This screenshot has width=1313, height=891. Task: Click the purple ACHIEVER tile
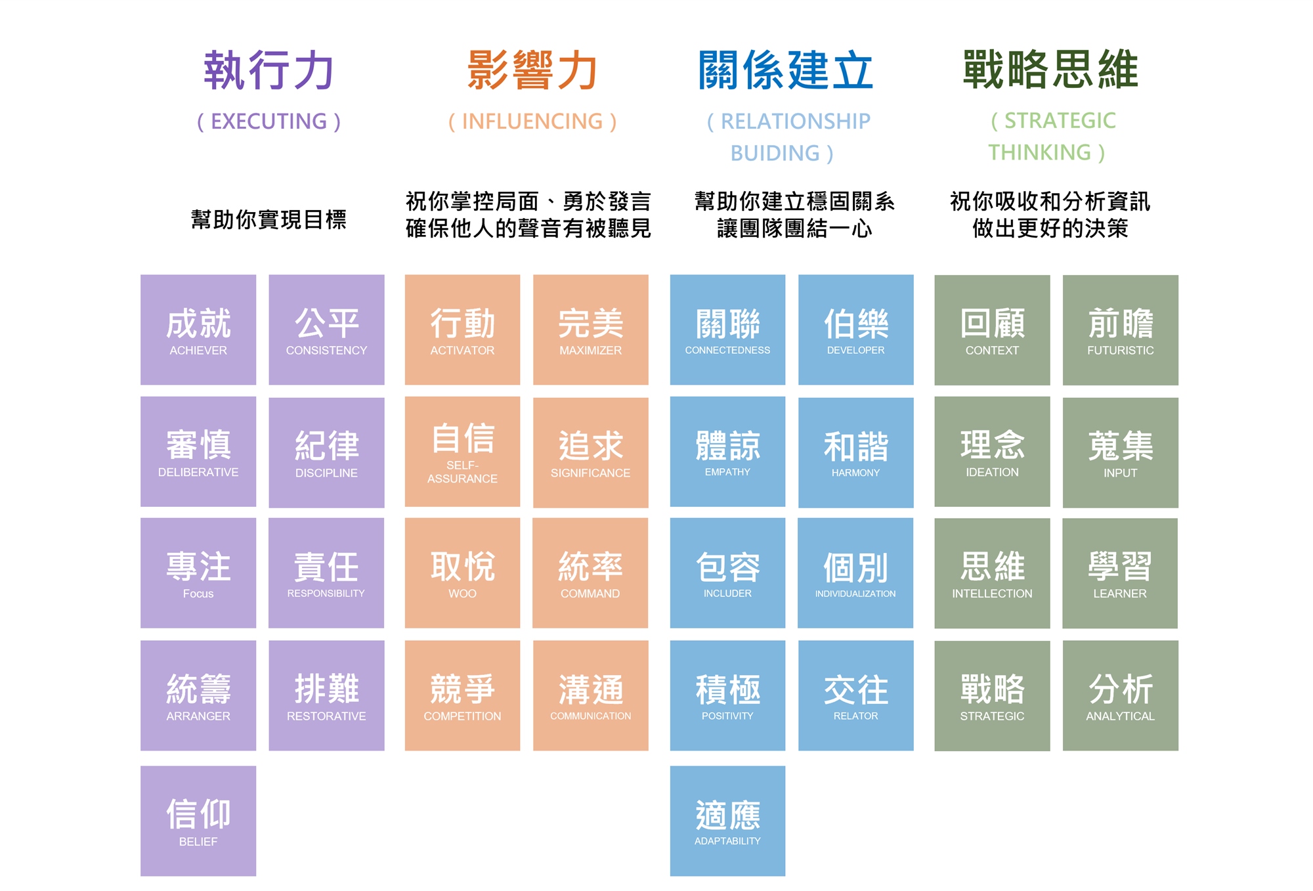198,330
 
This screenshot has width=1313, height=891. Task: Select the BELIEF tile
198,821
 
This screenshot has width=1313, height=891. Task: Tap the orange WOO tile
462,573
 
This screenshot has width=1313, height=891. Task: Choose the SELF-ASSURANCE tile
462,452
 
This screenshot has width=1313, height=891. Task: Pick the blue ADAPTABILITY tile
727,821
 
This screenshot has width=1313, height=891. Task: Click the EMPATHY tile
727,452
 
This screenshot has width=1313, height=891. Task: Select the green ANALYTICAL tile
1120,695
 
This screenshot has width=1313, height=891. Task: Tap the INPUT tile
1120,452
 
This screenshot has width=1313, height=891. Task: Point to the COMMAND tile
590,573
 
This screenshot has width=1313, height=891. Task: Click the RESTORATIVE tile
326,695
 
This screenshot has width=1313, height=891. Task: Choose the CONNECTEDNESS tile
727,330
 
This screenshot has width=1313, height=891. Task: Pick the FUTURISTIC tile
1120,330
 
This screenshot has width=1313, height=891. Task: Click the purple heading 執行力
269,70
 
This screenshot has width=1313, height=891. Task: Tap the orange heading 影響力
532,70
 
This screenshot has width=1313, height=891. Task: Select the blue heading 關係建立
786,70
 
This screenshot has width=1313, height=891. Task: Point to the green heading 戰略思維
1050,70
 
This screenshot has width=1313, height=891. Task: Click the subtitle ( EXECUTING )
269,121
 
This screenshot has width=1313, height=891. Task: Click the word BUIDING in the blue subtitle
775,153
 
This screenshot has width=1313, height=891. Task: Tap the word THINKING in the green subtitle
1039,152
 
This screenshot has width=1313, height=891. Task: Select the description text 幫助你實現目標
269,219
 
